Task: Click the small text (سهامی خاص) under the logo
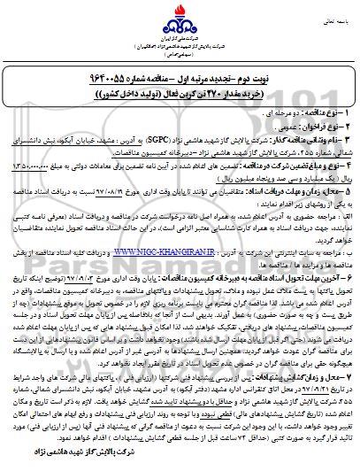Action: tap(180, 58)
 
